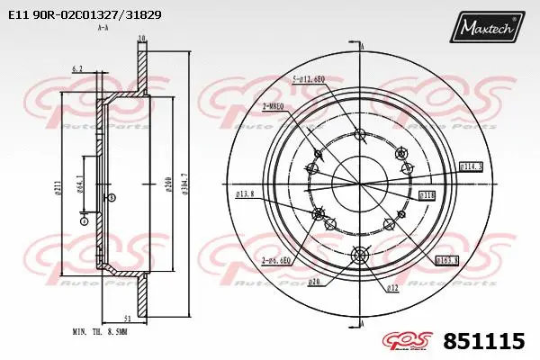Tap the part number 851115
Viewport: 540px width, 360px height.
pyautogui.click(x=484, y=341)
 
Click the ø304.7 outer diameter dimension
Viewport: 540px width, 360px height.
pyautogui.click(x=184, y=187)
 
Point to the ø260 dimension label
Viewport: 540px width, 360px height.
pyautogui.click(x=167, y=187)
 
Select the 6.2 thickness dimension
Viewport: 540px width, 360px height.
pyautogui.click(x=77, y=68)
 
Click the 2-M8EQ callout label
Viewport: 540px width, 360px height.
pyautogui.click(x=273, y=106)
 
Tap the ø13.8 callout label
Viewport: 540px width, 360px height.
pyautogui.click(x=245, y=193)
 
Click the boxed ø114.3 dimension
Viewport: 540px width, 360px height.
pyautogui.click(x=471, y=166)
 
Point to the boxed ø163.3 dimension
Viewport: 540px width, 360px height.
pyautogui.click(x=447, y=260)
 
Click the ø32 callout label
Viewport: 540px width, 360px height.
pyautogui.click(x=393, y=288)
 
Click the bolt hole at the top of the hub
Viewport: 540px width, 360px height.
pyautogui.click(x=361, y=136)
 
